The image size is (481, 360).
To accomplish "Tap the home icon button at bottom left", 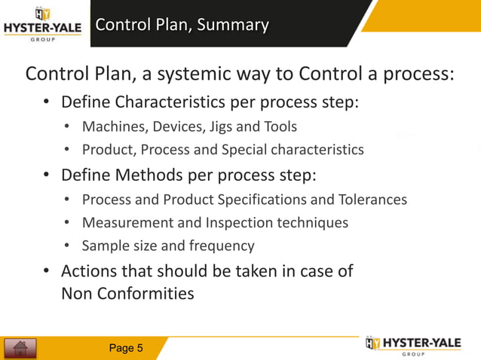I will [x=21, y=348].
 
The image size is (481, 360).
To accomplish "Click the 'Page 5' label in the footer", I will [x=126, y=348].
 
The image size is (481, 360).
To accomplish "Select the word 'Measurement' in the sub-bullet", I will [x=126, y=223].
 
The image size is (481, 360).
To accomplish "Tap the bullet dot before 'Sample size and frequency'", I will [x=68, y=246].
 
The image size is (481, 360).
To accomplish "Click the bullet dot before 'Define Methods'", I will [x=46, y=175].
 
